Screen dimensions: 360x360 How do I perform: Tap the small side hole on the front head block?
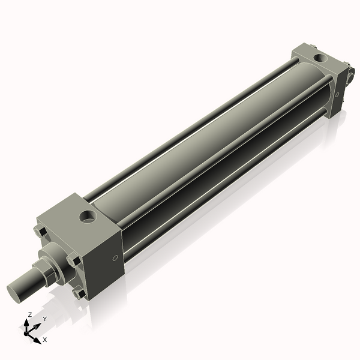coord(115,259)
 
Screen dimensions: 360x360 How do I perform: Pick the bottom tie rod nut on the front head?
coord(78,292)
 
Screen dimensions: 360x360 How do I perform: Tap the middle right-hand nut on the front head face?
coord(73,261)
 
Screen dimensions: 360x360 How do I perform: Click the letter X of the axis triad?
coord(45,340)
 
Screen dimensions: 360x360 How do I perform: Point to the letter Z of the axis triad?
coord(30,314)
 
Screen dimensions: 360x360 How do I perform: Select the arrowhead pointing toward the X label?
coord(38,338)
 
